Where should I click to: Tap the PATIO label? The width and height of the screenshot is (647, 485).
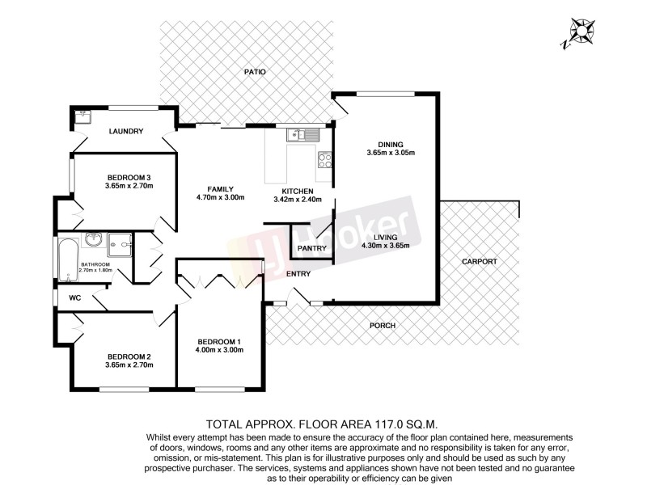click(256, 72)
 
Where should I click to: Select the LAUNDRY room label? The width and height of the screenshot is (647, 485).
click(127, 131)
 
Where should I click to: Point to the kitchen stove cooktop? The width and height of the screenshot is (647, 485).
click(325, 159)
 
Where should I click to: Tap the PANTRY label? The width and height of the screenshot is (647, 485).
click(311, 247)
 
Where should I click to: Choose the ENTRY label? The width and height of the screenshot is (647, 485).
click(299, 274)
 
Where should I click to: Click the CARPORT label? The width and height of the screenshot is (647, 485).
click(479, 261)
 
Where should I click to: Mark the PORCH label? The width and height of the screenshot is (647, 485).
click(382, 326)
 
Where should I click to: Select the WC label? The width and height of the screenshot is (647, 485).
click(75, 298)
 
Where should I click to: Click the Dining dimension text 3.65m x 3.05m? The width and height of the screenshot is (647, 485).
click(390, 153)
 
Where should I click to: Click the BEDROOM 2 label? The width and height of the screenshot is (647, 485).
click(129, 356)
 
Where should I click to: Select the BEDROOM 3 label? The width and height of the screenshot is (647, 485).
click(129, 177)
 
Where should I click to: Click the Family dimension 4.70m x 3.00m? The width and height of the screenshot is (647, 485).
click(220, 198)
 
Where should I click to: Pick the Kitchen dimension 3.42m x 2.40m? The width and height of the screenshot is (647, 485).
click(298, 199)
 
